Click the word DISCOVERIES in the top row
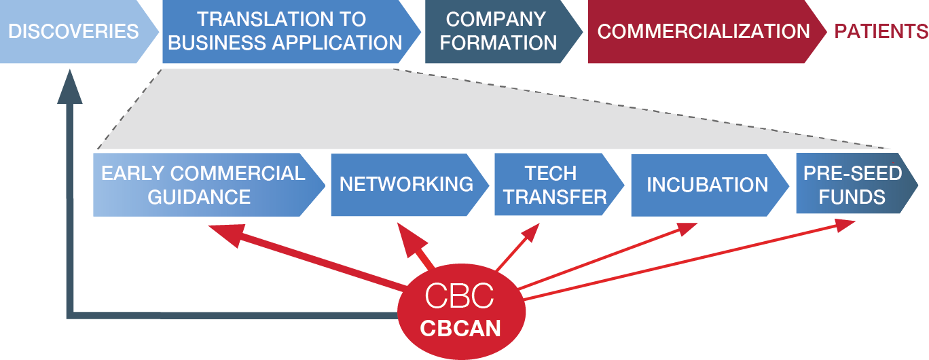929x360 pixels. pos(73,31)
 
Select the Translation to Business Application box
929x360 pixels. pos(285,31)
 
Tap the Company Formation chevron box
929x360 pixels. pos(498,31)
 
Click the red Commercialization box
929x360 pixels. pos(703,31)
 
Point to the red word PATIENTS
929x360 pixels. pos(881,31)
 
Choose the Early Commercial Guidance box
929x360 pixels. pos(203,185)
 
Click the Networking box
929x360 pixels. pos(406,184)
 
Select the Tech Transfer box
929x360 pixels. pos(555,185)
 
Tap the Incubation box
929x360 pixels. pos(707,185)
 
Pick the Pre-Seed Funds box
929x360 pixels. pos(852,184)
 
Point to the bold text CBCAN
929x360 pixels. pos(460,329)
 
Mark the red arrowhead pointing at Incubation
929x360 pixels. pos(685,229)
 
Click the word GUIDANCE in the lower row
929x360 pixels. pos(199,197)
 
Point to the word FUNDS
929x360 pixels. pos(852,197)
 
